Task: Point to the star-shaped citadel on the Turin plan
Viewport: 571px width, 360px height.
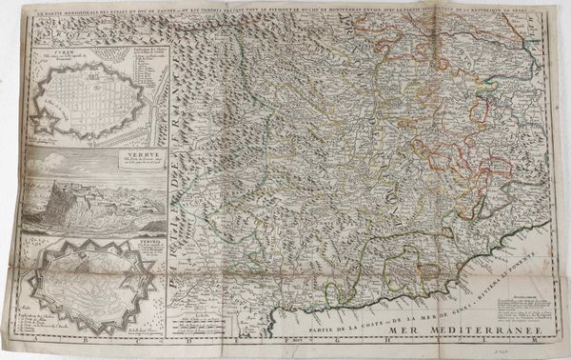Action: click(x=45, y=120)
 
